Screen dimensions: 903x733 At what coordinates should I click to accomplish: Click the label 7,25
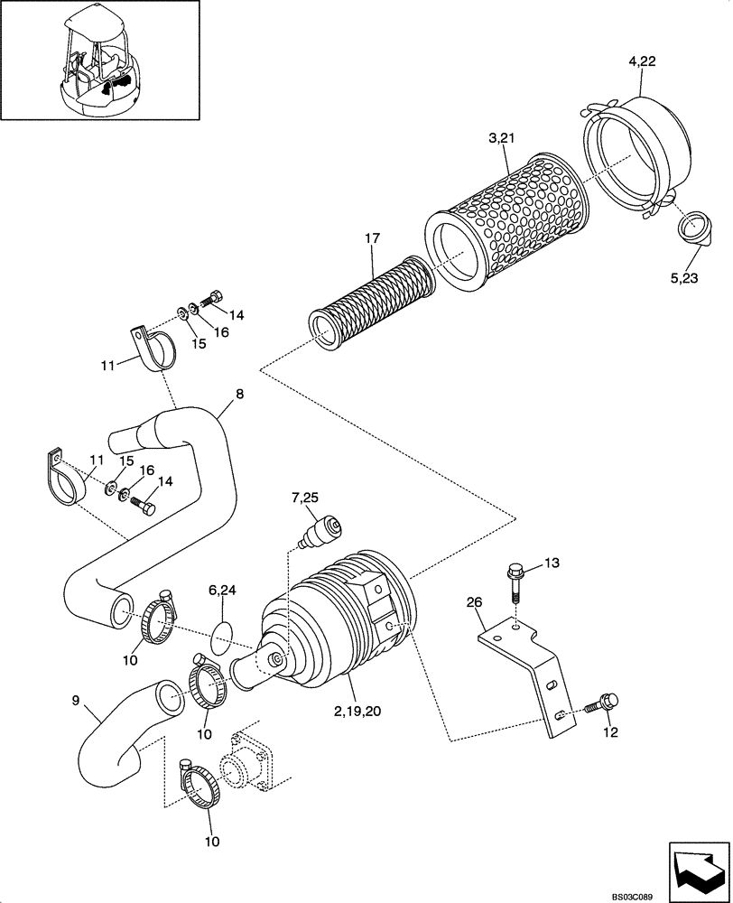[x=304, y=498]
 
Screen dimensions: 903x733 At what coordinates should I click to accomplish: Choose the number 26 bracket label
[x=476, y=602]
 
